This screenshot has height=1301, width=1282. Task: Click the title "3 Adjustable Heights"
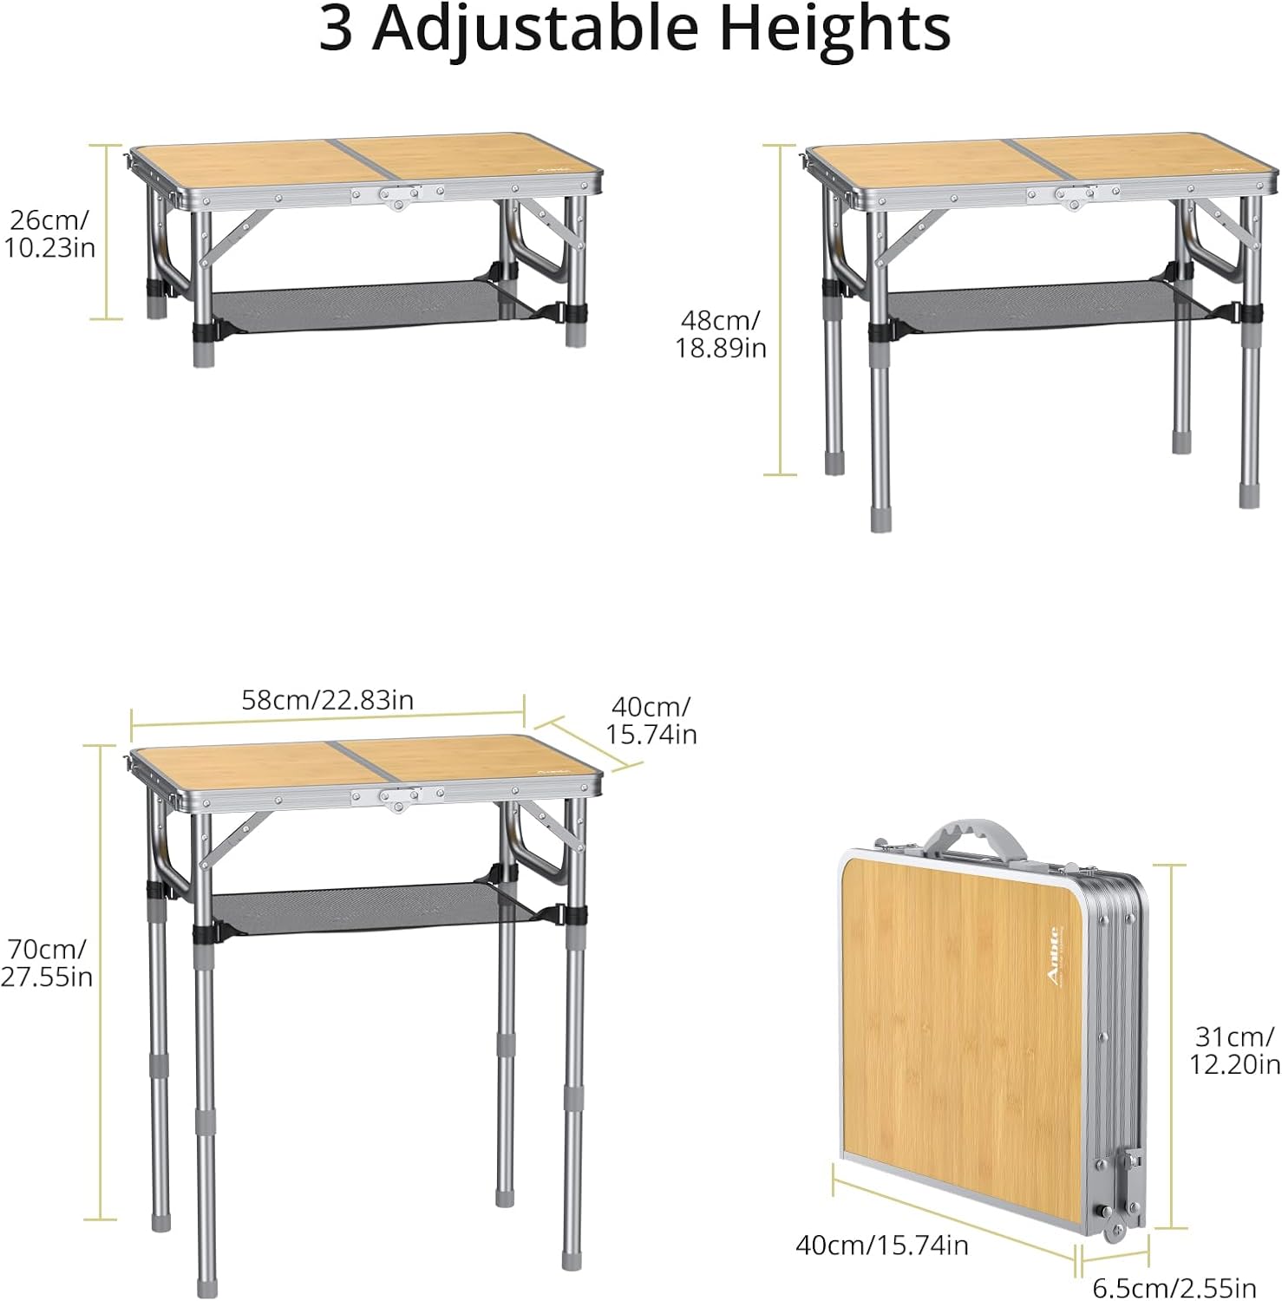(634, 29)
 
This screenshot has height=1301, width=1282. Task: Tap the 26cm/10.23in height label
(49, 233)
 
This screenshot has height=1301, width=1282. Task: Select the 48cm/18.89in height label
(721, 334)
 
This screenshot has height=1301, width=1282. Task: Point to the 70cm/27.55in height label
(46, 963)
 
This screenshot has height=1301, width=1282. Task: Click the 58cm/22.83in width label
(327, 700)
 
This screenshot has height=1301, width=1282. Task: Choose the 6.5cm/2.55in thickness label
(1174, 1288)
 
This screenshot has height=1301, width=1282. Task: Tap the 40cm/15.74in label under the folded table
(882, 1245)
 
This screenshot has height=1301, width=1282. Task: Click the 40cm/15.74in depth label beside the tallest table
(651, 720)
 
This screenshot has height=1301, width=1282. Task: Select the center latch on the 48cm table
(1074, 199)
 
